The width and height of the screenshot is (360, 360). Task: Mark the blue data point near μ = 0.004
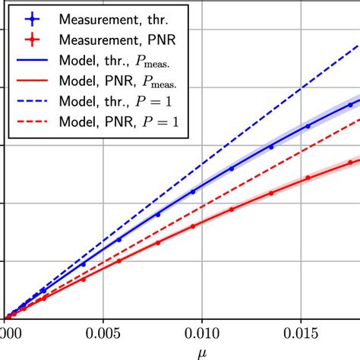coord(84,264)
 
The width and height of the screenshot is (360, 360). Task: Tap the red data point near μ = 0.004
coord(84,279)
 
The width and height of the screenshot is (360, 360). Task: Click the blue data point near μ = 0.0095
coord(193,191)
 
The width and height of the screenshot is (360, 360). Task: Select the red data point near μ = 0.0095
coord(193,225)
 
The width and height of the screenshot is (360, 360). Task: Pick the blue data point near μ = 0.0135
coord(271,147)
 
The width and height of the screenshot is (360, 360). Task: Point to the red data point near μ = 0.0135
coord(271,193)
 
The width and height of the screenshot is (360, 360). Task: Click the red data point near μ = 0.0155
coord(308,178)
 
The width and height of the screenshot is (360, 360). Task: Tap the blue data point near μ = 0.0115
coord(232,169)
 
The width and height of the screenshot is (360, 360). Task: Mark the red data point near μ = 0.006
coord(119,261)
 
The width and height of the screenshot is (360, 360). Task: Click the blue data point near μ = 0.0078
coord(158,214)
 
